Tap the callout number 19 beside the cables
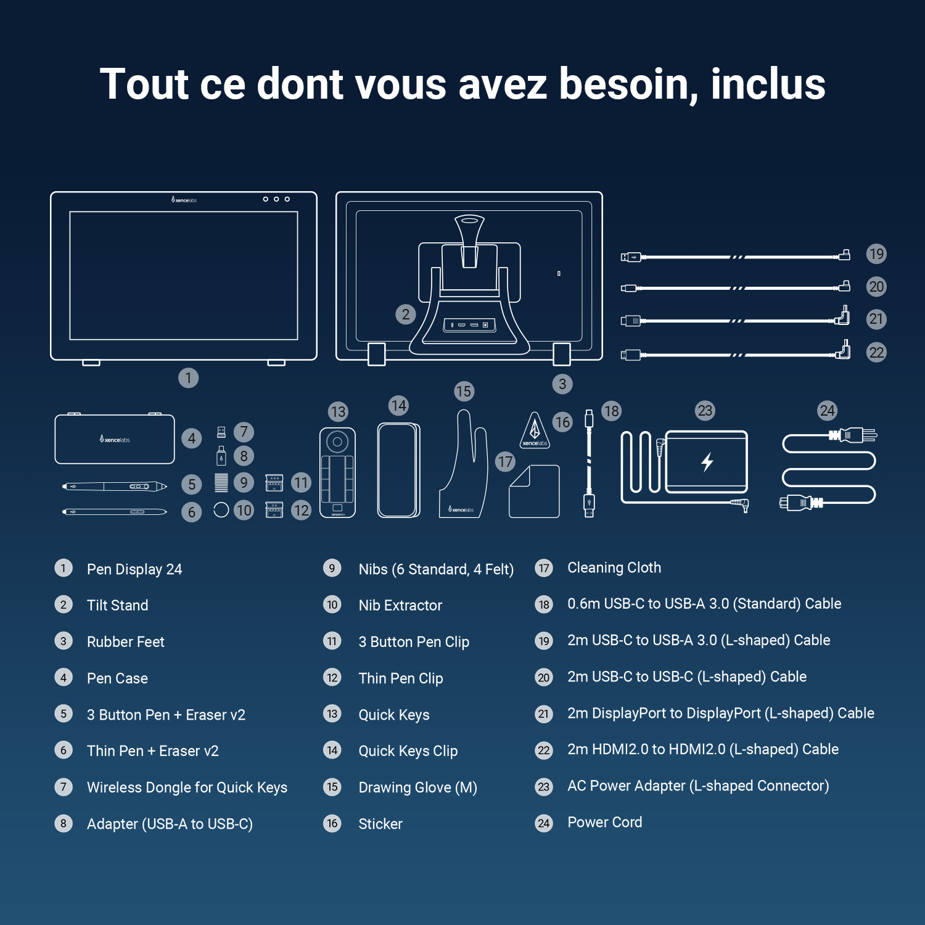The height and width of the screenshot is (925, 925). coord(876,254)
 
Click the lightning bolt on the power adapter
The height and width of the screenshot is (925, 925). coord(707,461)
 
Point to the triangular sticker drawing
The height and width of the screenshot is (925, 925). coord(535,430)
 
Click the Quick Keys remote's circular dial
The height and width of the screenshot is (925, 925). coord(337,442)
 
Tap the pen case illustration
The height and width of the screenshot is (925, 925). coord(115,439)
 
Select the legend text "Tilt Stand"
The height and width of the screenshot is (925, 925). coord(117,605)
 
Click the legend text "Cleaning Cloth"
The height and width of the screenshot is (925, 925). coord(614,567)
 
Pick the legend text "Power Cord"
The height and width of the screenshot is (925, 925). coord(604,822)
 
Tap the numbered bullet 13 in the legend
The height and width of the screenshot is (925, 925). coord(332,714)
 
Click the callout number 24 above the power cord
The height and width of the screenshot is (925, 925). coord(827,411)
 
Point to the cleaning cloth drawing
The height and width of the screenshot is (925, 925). coord(534,492)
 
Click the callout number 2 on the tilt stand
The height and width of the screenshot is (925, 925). coord(405,314)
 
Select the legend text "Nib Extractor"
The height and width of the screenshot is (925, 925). coord(400,605)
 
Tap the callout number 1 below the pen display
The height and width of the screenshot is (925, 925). coord(188,377)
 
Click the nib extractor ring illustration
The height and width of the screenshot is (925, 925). coord(221,510)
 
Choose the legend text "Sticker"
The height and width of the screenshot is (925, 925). coord(380,824)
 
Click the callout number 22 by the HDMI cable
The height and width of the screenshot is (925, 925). coord(876,353)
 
